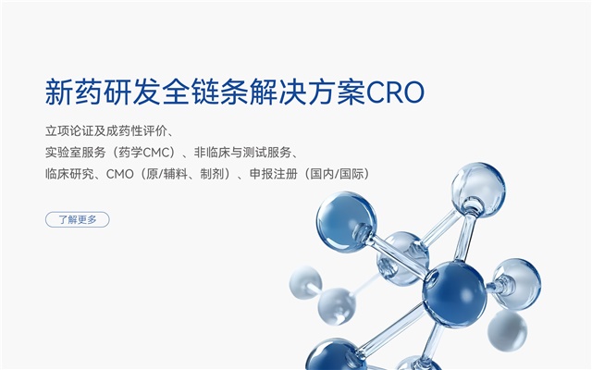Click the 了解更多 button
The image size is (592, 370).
click(78, 219)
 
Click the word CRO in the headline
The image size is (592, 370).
click(395, 92)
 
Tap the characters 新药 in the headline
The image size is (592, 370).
click(74, 92)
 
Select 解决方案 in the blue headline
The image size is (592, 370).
click(308, 92)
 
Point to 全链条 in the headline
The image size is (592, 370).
click(205, 92)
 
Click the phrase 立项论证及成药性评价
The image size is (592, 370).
click(106, 131)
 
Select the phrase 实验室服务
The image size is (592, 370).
click(76, 153)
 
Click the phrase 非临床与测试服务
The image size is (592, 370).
click(242, 153)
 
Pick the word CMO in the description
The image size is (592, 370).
click(120, 174)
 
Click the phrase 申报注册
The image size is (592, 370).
click(274, 174)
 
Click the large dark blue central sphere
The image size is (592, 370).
click(454, 293)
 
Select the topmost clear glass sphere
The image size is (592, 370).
click(478, 190)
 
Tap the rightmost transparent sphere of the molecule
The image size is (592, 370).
click(517, 284)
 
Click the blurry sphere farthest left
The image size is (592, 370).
click(305, 281)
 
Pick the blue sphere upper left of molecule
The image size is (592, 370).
click(346, 221)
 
